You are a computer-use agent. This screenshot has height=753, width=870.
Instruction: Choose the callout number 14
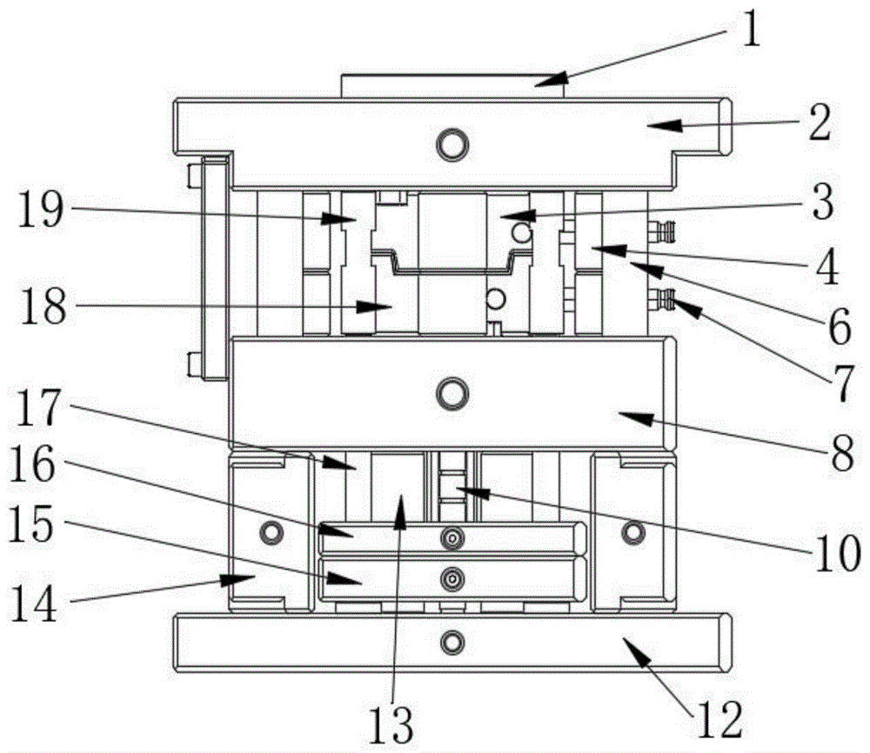(x=34, y=602)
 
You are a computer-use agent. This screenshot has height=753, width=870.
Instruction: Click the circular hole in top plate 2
(x=452, y=144)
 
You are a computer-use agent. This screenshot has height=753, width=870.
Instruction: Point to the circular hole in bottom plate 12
(x=451, y=643)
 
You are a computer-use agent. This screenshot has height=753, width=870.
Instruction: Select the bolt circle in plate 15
(x=452, y=578)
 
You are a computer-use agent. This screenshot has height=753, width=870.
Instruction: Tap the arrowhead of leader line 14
(x=251, y=577)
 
